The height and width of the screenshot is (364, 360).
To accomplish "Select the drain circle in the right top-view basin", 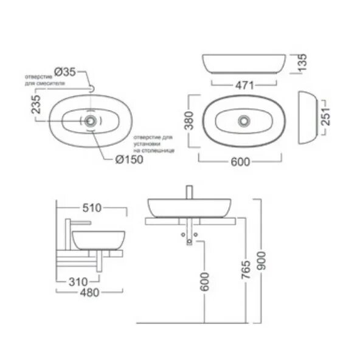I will point(244,120).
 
